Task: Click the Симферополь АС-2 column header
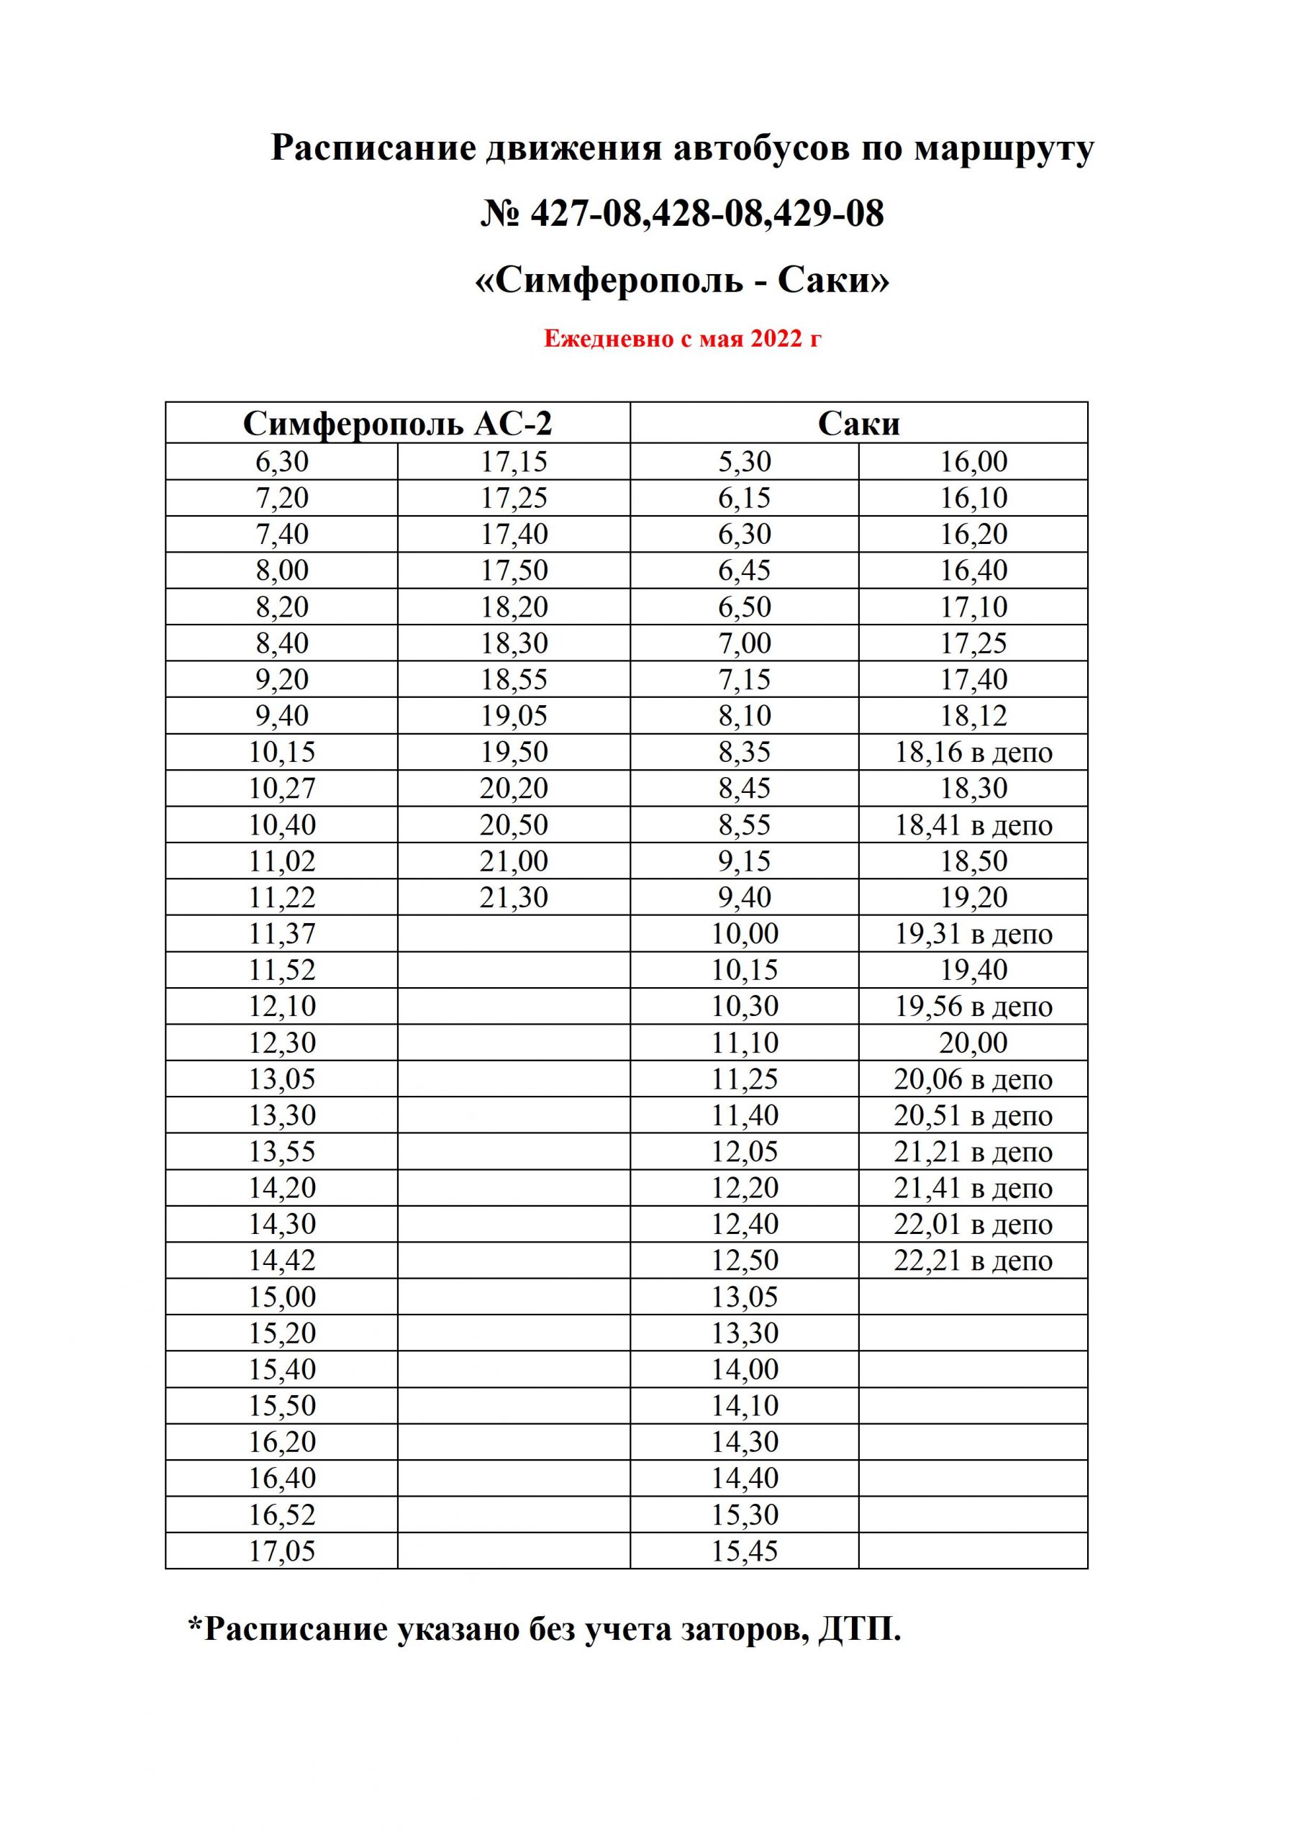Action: pyautogui.click(x=397, y=424)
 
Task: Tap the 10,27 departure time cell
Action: pyautogui.click(x=281, y=789)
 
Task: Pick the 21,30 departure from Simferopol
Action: pyautogui.click(x=514, y=897)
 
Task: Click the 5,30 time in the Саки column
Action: pyautogui.click(x=744, y=462)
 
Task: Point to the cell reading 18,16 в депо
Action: pyautogui.click(x=973, y=753)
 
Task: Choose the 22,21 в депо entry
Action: pyautogui.click(x=973, y=1261)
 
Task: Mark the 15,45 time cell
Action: pyautogui.click(x=744, y=1551)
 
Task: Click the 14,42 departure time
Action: pyautogui.click(x=281, y=1261)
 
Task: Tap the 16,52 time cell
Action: pyautogui.click(x=281, y=1515)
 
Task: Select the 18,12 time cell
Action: pyautogui.click(x=973, y=716)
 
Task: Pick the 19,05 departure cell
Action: pyautogui.click(x=514, y=716)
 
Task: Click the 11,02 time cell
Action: pyautogui.click(x=281, y=861)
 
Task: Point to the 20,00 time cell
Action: pyautogui.click(x=973, y=1043)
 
